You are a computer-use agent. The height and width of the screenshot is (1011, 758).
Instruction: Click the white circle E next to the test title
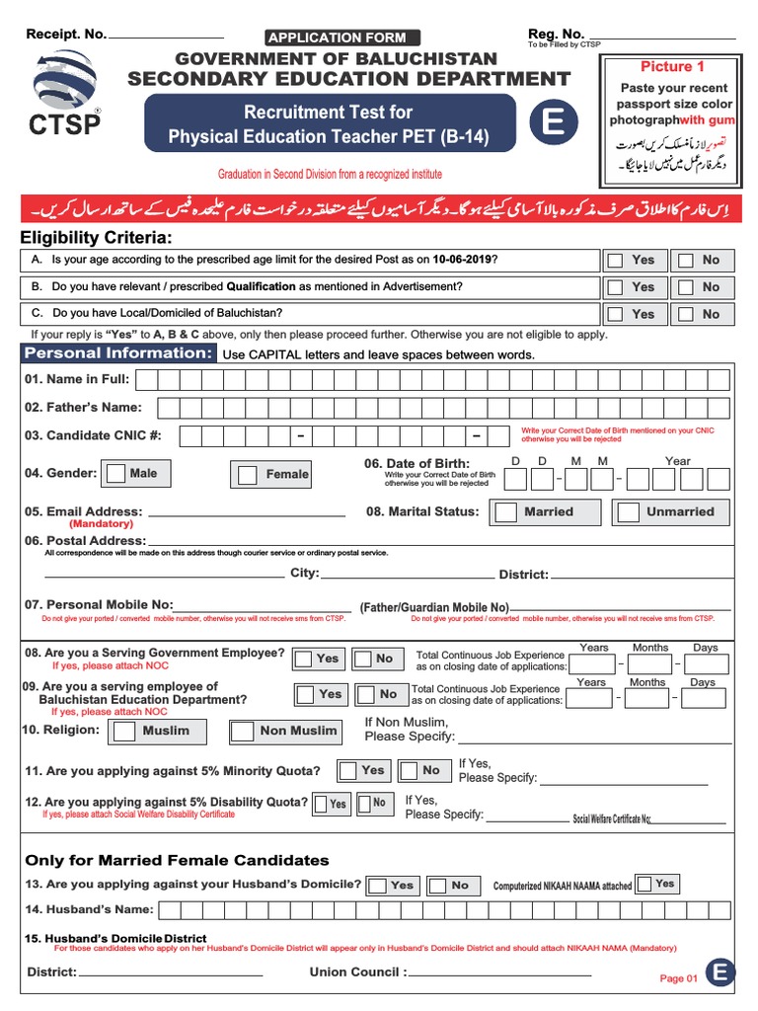click(553, 123)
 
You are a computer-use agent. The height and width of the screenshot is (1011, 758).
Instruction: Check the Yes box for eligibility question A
click(615, 261)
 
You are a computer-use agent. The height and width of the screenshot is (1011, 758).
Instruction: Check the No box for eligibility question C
click(685, 314)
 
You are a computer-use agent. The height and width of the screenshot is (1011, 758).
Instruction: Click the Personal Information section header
click(117, 353)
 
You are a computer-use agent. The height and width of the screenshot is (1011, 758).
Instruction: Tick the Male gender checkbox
click(116, 473)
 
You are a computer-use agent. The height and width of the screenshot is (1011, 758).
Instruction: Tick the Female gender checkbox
click(247, 475)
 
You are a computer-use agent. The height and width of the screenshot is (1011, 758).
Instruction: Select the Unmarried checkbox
click(628, 512)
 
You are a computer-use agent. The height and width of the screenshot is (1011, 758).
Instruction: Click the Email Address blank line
click(246, 514)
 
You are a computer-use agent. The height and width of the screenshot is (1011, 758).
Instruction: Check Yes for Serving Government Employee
click(305, 659)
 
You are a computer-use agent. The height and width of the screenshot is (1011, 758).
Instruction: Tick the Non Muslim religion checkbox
click(243, 732)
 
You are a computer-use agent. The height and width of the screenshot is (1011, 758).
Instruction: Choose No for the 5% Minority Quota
click(404, 770)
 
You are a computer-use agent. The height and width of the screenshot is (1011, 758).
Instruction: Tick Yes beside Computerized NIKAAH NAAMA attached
click(644, 884)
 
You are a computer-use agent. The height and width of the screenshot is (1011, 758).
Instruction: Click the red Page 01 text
click(679, 978)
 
